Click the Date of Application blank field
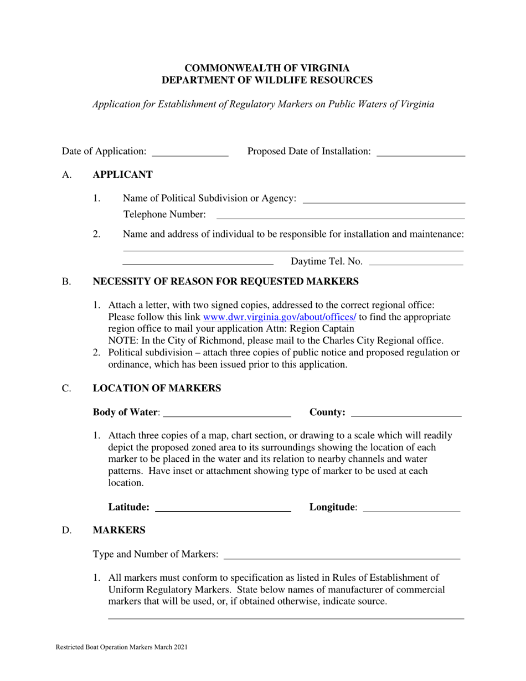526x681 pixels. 190,152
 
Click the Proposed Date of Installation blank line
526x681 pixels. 420,152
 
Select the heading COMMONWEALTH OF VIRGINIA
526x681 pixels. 267,68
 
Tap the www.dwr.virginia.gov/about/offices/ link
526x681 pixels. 280,317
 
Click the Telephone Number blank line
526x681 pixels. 340,215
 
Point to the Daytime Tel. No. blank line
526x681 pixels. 416,262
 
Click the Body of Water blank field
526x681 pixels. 228,412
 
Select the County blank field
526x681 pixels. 406,412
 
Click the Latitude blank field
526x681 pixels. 223,508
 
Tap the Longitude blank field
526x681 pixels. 411,508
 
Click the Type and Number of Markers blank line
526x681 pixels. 342,555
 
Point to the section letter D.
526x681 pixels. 67,530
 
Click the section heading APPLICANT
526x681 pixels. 122,175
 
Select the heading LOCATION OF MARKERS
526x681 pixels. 157,389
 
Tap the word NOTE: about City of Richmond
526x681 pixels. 121,341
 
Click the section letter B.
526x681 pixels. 66,282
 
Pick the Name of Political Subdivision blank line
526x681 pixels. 384,199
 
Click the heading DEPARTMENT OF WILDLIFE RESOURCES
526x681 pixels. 267,80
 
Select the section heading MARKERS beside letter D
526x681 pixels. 119,530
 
